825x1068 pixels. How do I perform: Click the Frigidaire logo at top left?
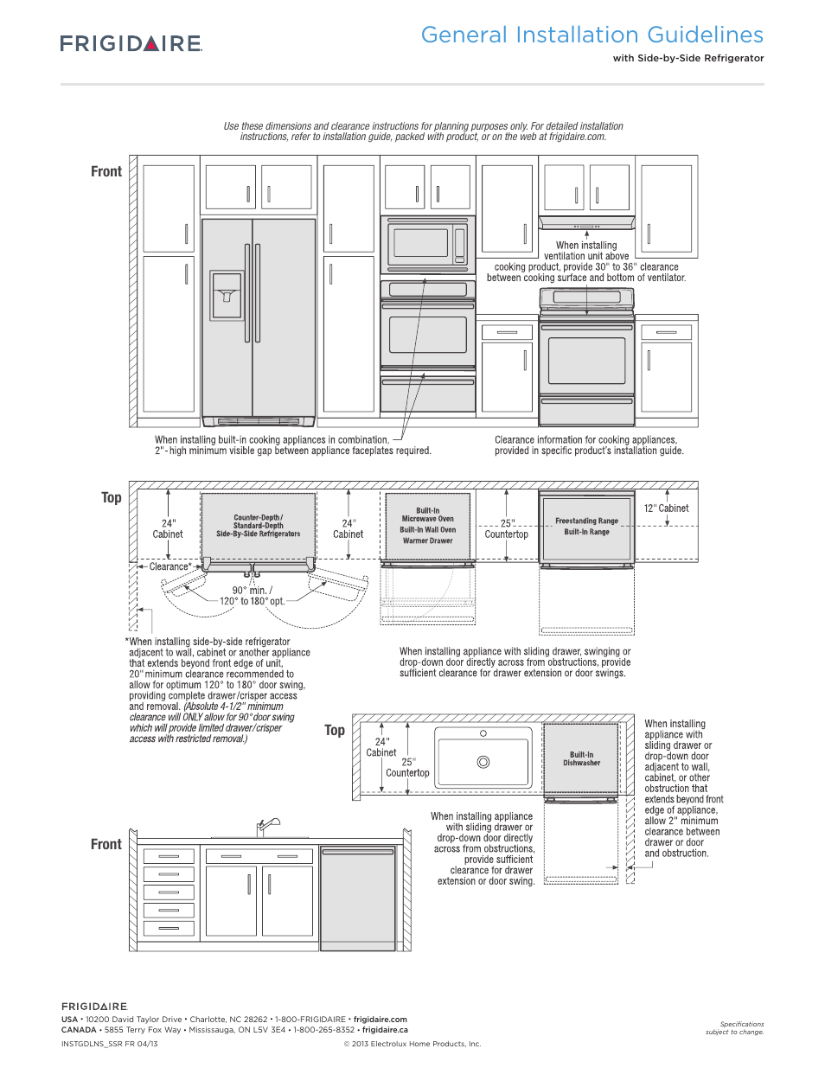[x=131, y=43]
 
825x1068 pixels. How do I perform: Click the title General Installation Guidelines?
[x=592, y=35]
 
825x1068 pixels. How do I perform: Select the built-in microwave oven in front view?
[x=427, y=242]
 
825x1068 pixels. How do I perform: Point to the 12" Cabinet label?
[x=666, y=508]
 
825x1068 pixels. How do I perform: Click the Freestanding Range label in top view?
[x=586, y=521]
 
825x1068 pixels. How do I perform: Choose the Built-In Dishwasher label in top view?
[x=581, y=758]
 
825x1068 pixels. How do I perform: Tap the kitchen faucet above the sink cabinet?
[x=268, y=827]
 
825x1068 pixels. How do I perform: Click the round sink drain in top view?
[x=483, y=762]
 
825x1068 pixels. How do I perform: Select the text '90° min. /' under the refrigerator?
[x=252, y=591]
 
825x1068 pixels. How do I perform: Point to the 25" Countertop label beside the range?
[x=506, y=529]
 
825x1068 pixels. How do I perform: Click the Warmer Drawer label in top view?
[x=427, y=541]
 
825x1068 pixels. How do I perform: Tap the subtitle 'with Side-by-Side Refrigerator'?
[x=687, y=59]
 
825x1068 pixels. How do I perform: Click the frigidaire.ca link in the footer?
[x=385, y=1030]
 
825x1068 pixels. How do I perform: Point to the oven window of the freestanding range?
[x=586, y=361]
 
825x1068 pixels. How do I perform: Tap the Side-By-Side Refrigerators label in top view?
[x=258, y=534]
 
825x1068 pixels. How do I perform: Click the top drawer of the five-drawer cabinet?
[x=169, y=856]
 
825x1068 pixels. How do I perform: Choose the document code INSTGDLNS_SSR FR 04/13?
[x=110, y=1044]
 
